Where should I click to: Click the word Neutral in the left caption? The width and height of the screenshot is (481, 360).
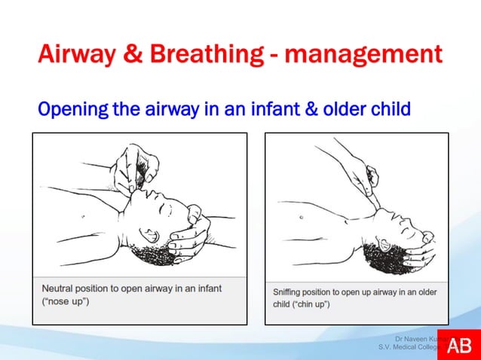point(60,288)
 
